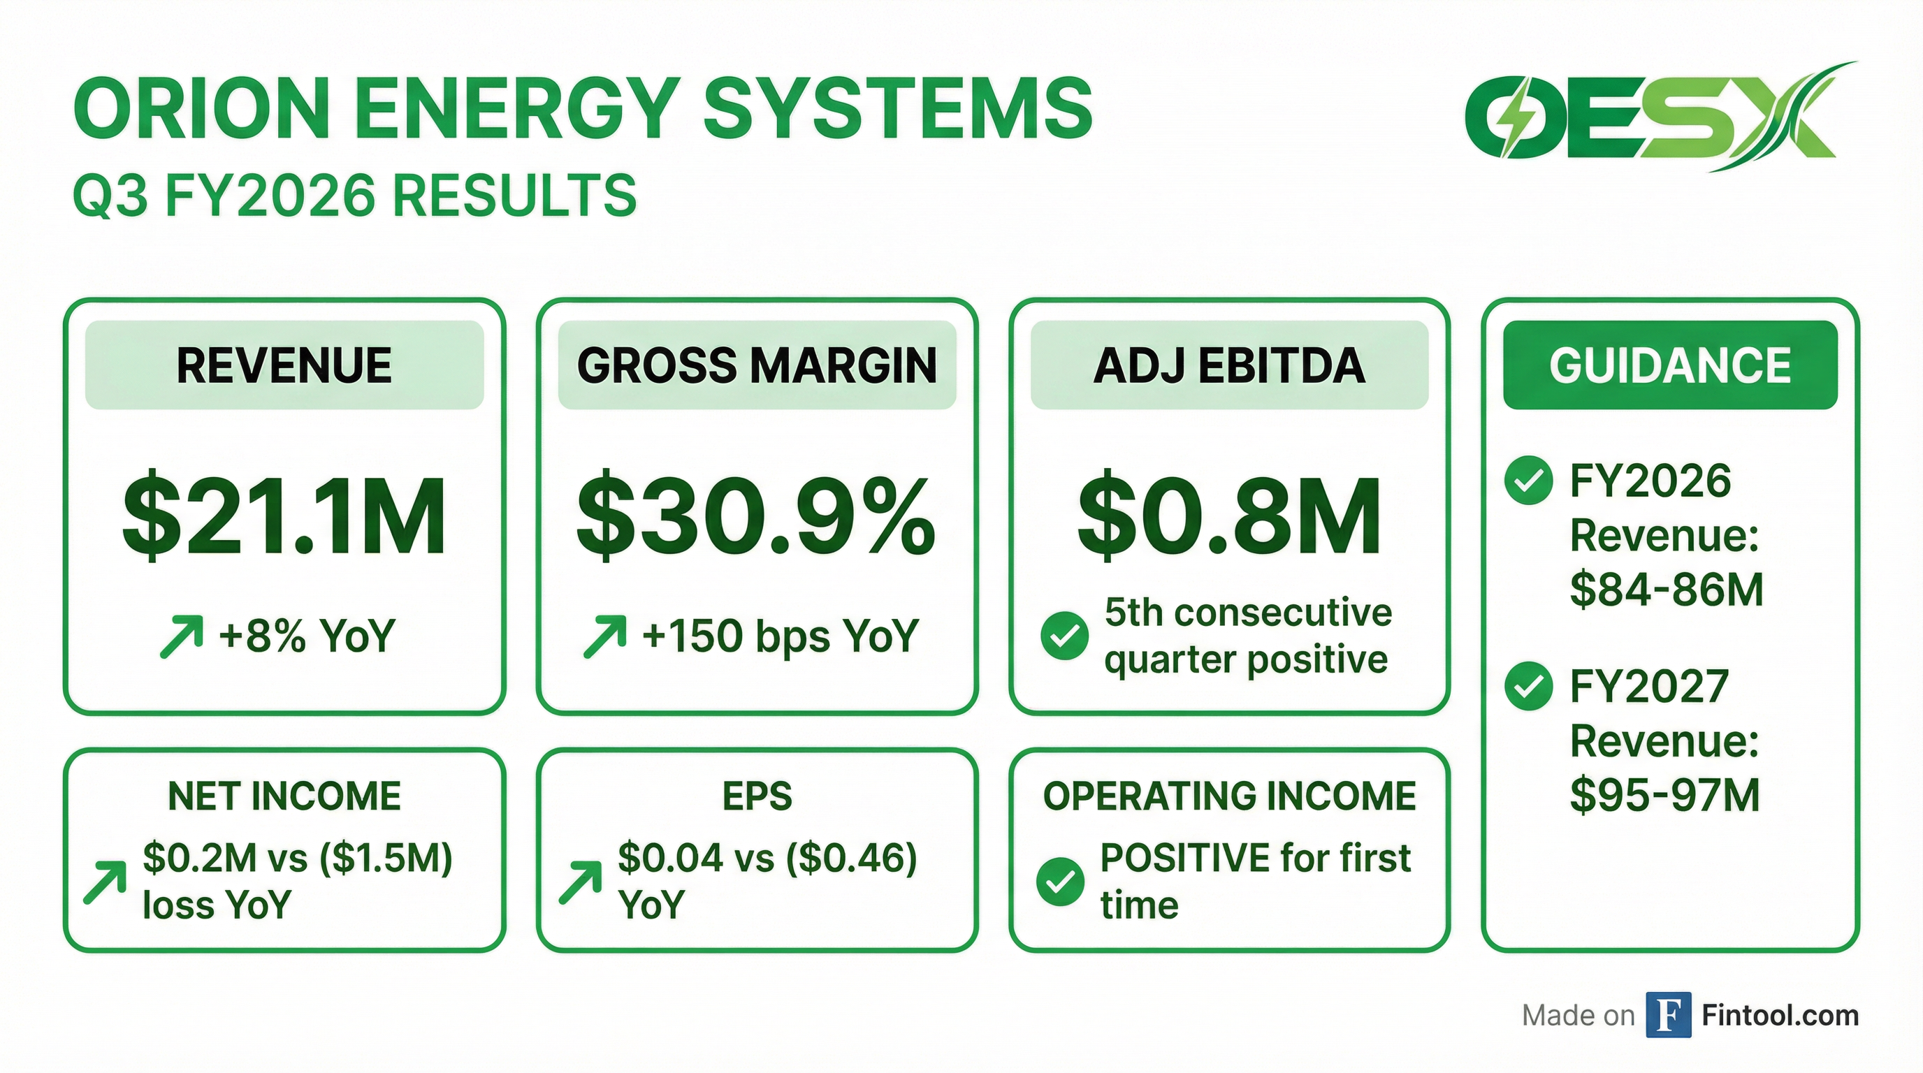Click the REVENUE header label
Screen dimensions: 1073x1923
284,365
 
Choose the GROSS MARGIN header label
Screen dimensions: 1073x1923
757,365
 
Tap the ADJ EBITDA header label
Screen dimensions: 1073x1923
1228,365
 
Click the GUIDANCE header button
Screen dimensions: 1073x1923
1670,365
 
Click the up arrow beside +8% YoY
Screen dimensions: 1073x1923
182,636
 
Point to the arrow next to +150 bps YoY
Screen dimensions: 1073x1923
604,636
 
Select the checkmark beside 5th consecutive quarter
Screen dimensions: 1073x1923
1064,636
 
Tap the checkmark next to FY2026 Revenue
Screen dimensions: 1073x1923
1528,481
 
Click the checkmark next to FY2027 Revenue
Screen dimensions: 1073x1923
1528,686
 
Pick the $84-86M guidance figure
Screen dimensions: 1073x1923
1666,590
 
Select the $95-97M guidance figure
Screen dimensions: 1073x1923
1664,795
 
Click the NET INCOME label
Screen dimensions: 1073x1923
284,796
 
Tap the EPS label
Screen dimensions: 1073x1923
757,796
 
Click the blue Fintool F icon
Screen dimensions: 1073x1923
1669,1015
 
